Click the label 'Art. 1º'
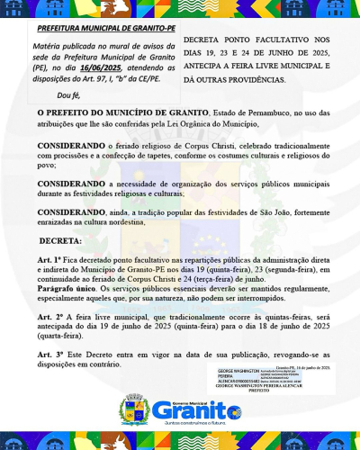(49, 259)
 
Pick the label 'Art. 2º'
(49, 319)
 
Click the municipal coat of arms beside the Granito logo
(135, 412)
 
